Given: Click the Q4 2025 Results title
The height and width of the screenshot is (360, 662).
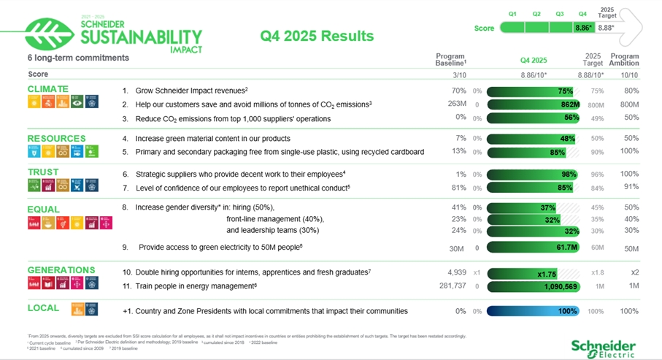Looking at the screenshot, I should point(317,36).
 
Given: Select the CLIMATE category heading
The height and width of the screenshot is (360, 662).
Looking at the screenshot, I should point(47,89).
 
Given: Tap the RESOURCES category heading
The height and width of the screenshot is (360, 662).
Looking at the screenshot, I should point(56,138).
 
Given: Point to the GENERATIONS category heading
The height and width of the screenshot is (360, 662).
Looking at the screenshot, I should point(61,270).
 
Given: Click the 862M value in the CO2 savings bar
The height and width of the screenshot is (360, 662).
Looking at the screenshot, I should point(569,104).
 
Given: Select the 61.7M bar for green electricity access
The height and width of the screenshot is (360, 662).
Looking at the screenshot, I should point(533,248).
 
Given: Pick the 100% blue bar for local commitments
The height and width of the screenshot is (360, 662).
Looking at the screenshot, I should point(533,311).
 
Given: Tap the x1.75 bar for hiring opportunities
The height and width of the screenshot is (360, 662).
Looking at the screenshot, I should point(533,274).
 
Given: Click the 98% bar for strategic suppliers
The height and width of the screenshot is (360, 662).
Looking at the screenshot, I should point(533,175).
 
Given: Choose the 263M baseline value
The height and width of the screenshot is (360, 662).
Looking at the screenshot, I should point(456,104).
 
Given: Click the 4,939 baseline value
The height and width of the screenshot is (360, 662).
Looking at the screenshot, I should point(456,272).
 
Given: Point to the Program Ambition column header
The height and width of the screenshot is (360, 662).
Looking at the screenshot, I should point(624,60).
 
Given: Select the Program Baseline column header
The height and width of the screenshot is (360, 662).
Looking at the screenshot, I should point(450,60).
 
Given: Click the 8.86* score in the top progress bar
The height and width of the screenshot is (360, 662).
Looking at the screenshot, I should point(583,28).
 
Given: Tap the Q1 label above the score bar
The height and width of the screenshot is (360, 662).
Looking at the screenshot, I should point(512,14).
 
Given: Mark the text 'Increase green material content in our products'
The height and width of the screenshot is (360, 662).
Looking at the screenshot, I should point(212,138).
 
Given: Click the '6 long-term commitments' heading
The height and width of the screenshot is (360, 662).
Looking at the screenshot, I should point(78,58).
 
